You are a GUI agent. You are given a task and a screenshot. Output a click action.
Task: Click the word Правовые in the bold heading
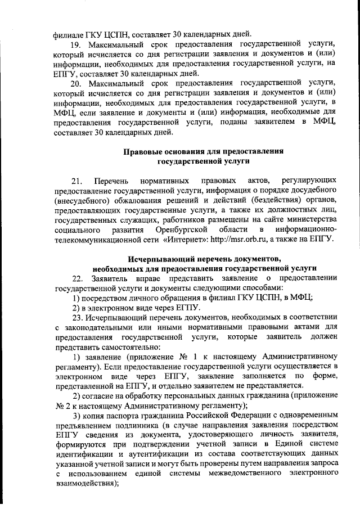pos(143,151)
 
